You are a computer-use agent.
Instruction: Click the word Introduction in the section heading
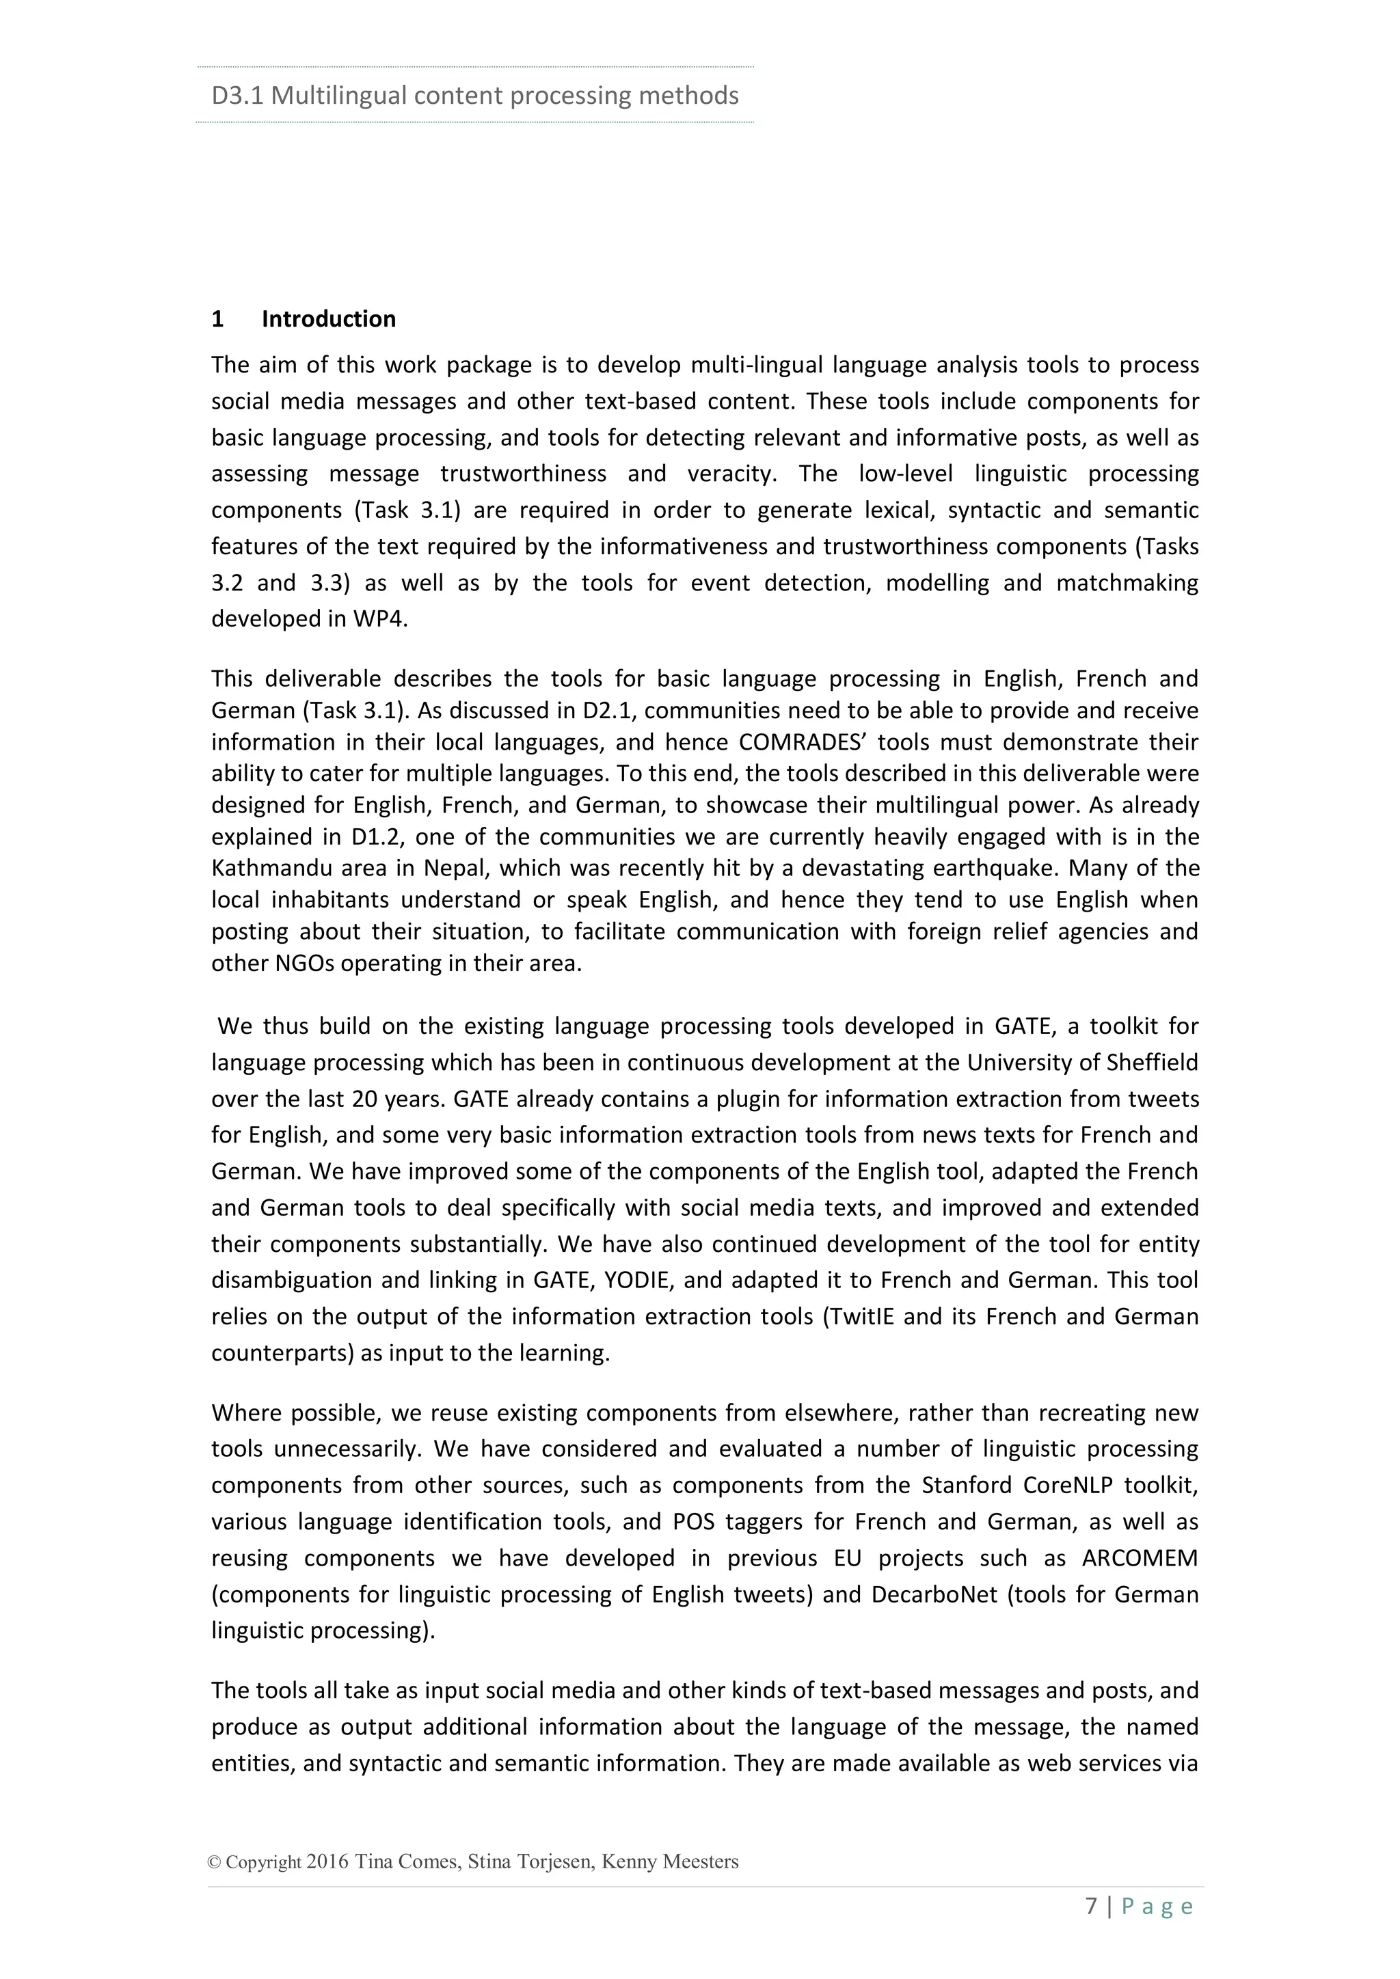[x=328, y=319]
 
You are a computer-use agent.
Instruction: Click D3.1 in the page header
[x=237, y=96]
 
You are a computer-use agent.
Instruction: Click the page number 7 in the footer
[x=1092, y=1906]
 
